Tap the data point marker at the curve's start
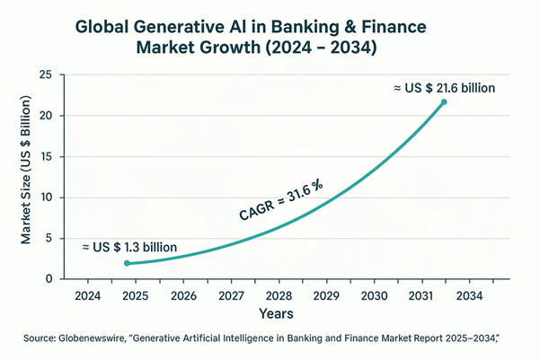(128, 264)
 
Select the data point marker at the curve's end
(444, 102)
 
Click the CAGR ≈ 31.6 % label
(280, 201)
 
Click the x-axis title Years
(277, 315)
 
